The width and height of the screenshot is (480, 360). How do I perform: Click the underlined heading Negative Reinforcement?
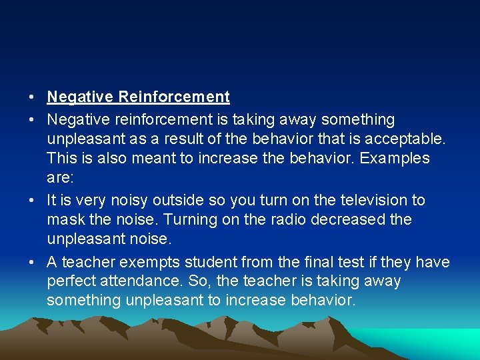138,97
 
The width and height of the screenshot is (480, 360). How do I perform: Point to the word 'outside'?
175,200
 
